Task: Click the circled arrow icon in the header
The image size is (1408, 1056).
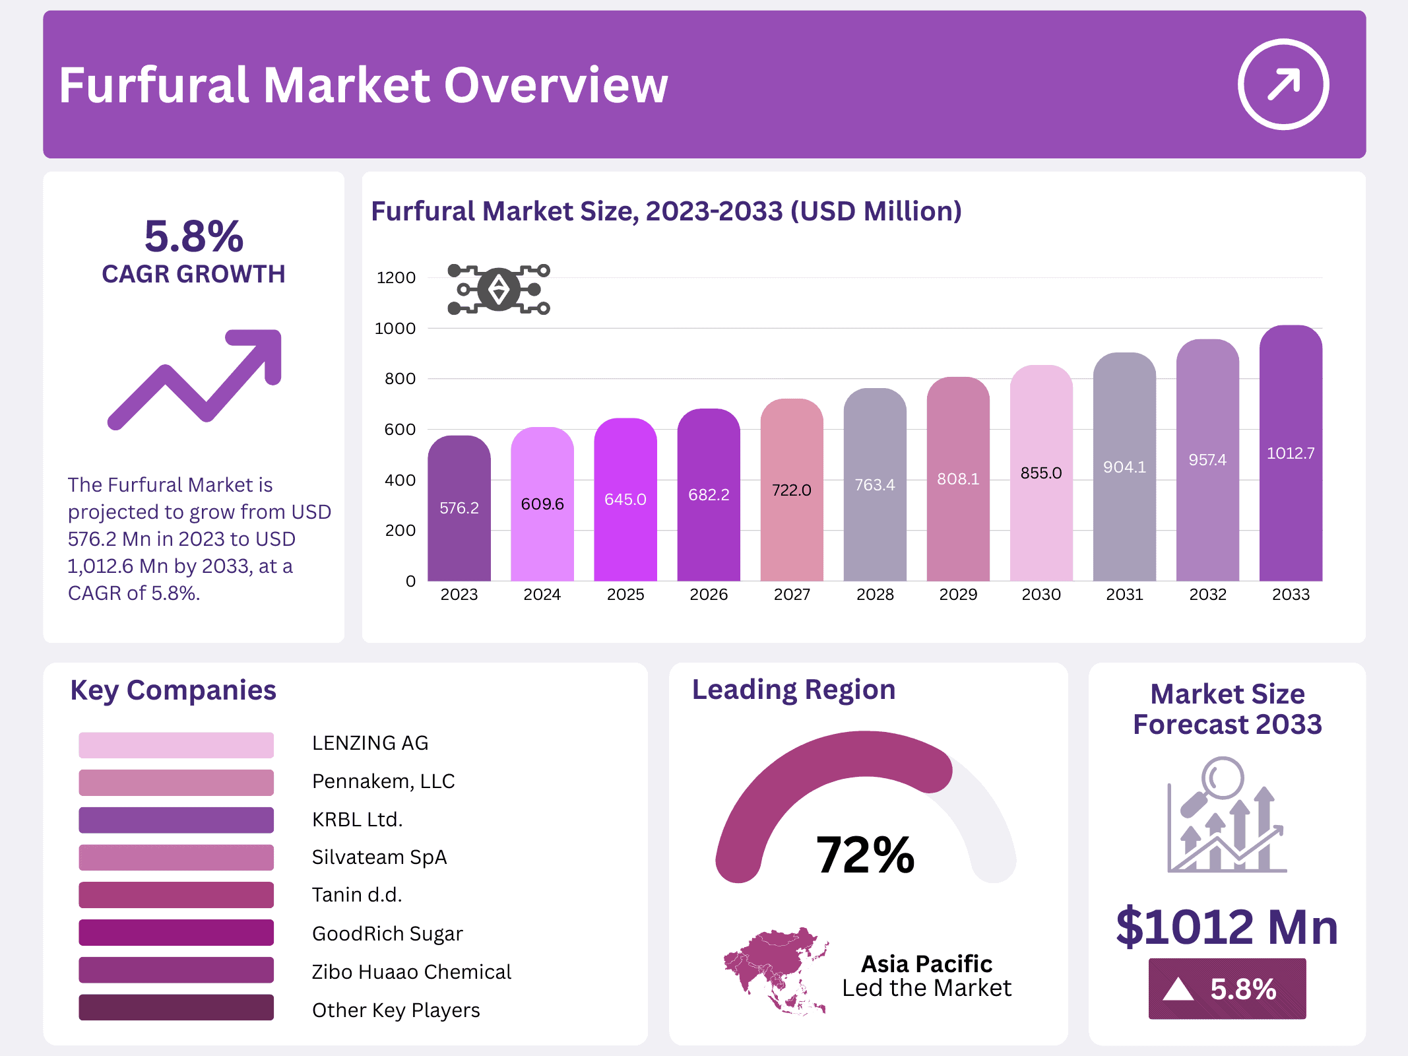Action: pos(1283,84)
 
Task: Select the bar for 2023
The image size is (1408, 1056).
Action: pos(459,508)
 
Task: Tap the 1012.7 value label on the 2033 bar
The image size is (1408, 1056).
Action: pos(1290,453)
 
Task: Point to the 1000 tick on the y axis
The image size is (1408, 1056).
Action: pos(395,328)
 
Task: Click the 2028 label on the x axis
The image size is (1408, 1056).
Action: pos(875,595)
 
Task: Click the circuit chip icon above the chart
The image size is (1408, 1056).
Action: pos(499,289)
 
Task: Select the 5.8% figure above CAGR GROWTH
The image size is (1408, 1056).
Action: pos(193,236)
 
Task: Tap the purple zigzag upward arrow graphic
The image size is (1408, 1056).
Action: pos(195,379)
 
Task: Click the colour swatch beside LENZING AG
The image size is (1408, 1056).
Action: pos(176,744)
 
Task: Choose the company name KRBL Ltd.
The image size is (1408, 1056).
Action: pos(357,819)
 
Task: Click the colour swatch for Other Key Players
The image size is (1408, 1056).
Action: pos(176,1008)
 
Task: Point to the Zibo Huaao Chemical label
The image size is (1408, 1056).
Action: pos(411,972)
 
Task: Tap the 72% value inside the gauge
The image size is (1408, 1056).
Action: pos(865,855)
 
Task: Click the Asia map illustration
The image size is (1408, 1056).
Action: pos(775,970)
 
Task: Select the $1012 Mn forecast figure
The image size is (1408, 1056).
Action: pos(1227,927)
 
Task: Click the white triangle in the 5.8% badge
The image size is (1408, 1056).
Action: pos(1178,989)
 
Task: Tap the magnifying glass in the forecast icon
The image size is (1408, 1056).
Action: pos(1221,779)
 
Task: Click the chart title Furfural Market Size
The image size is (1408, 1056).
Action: pos(666,211)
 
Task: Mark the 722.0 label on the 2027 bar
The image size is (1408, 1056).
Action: pos(791,490)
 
